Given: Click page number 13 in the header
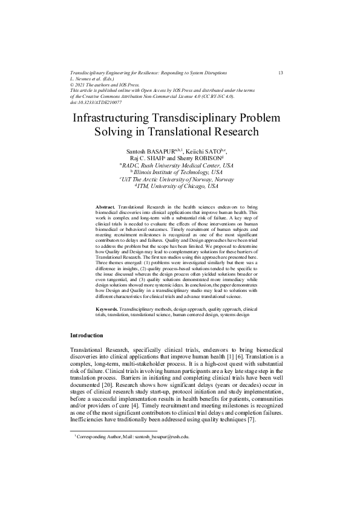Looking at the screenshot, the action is tap(281, 73).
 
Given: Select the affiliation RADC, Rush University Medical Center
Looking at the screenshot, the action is tap(179, 165).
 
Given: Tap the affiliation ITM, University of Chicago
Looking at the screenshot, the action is tap(180, 187).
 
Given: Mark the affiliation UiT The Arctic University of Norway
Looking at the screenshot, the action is tap(180, 180).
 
